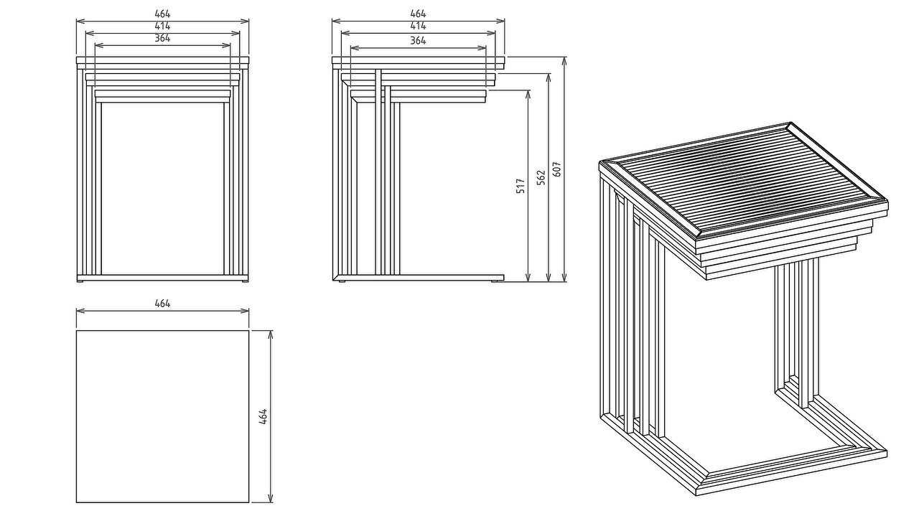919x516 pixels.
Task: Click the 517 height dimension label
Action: point(521,186)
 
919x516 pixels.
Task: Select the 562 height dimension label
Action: point(541,177)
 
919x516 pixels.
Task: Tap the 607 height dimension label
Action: point(556,169)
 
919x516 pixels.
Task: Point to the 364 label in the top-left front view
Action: point(162,38)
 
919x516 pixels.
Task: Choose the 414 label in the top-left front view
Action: point(162,26)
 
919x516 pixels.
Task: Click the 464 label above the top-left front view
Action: point(162,14)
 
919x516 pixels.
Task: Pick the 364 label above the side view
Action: point(418,41)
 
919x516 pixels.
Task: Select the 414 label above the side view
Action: point(418,25)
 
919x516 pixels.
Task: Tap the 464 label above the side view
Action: point(418,14)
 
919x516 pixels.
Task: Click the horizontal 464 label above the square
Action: point(162,304)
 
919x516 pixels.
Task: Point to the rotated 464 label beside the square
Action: point(263,416)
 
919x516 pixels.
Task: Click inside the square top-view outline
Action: point(162,416)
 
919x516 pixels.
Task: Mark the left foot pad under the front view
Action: point(80,281)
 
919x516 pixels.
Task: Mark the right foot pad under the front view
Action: point(245,281)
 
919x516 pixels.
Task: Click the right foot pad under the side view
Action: point(498,281)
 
